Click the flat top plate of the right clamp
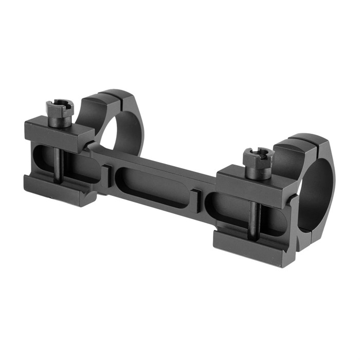252,177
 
